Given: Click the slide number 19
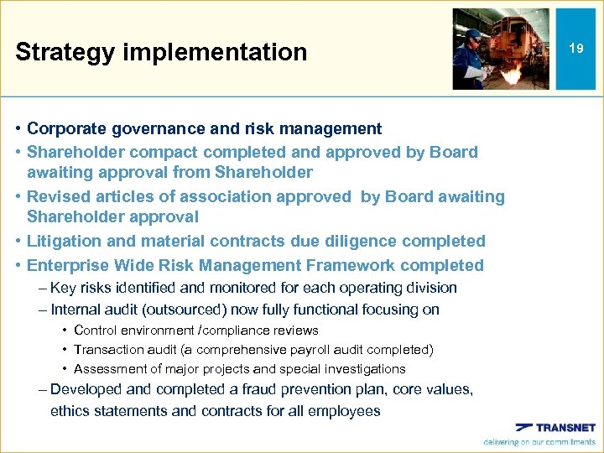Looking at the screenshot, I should (x=575, y=49).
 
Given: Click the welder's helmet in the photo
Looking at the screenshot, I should (x=474, y=35).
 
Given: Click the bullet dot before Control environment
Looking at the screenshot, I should (x=64, y=331).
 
